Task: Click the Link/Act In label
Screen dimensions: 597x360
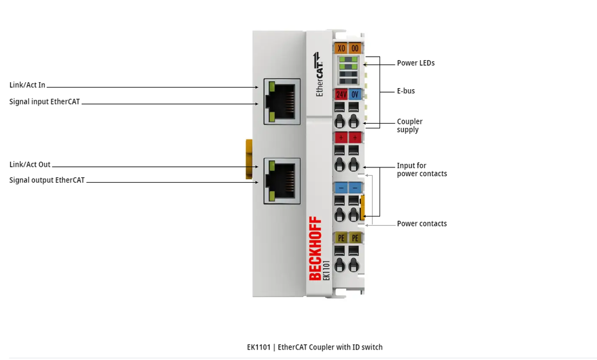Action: [27, 85]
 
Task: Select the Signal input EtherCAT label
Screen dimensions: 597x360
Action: [44, 102]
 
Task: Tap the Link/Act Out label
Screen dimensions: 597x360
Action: [30, 165]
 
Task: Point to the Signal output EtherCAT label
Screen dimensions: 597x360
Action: [47, 180]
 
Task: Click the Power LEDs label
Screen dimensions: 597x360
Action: [416, 63]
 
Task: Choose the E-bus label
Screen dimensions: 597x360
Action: [406, 91]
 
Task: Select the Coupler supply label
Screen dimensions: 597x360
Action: [410, 125]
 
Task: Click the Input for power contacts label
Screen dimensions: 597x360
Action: [422, 170]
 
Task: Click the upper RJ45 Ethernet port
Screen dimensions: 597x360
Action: [282, 102]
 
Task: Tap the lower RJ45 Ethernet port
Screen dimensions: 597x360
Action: [282, 181]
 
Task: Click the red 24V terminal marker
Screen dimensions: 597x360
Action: [341, 94]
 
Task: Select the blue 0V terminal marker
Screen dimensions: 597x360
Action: [355, 94]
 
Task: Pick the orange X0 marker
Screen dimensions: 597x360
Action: [341, 48]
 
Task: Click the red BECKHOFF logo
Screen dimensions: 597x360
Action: [315, 249]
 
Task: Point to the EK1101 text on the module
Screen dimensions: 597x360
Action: [326, 271]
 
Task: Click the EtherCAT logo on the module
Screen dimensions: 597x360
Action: [319, 74]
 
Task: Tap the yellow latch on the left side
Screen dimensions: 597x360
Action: [249, 159]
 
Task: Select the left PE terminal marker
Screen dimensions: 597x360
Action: [341, 238]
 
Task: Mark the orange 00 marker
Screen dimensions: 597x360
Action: [355, 48]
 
